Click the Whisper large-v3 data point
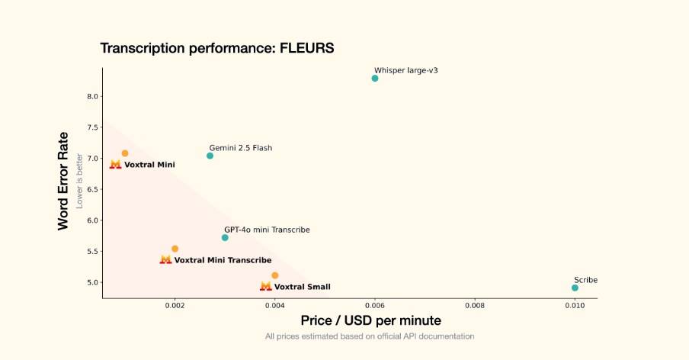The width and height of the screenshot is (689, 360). (375, 79)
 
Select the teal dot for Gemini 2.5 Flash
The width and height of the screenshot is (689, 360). (210, 156)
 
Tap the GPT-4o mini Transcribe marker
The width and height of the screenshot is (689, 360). (225, 237)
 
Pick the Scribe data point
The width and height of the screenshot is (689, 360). (575, 288)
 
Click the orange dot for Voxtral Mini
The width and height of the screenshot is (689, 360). (125, 153)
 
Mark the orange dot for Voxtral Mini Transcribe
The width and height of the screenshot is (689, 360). (175, 249)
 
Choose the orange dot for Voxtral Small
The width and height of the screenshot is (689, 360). (275, 275)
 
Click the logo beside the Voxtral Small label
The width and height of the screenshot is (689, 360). (265, 286)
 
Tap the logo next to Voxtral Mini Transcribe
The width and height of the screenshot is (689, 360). (165, 259)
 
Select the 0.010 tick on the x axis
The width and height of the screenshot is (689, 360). (575, 306)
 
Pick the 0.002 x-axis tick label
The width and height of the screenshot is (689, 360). (175, 306)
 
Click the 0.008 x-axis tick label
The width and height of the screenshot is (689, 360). (475, 306)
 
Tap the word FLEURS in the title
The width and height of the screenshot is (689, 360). (300, 49)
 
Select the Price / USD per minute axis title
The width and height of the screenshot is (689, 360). (370, 320)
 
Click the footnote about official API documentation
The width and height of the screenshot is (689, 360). (370, 336)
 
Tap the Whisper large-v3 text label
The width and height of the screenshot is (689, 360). (406, 70)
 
